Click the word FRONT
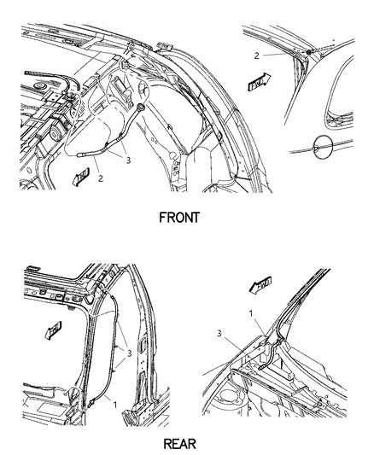(179, 217)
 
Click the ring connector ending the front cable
(137, 109)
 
